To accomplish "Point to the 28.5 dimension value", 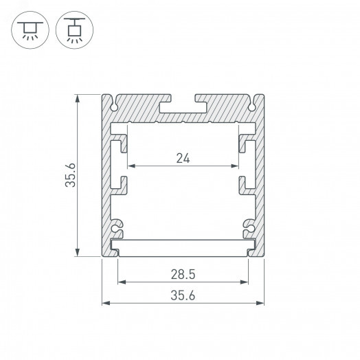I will [x=183, y=274].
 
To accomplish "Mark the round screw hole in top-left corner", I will [x=113, y=106].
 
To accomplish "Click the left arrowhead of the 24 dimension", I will [x=128, y=166].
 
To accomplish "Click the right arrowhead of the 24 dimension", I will [x=237, y=166].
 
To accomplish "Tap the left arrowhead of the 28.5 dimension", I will [x=121, y=282].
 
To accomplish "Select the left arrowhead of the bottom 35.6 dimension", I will [x=105, y=302].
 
